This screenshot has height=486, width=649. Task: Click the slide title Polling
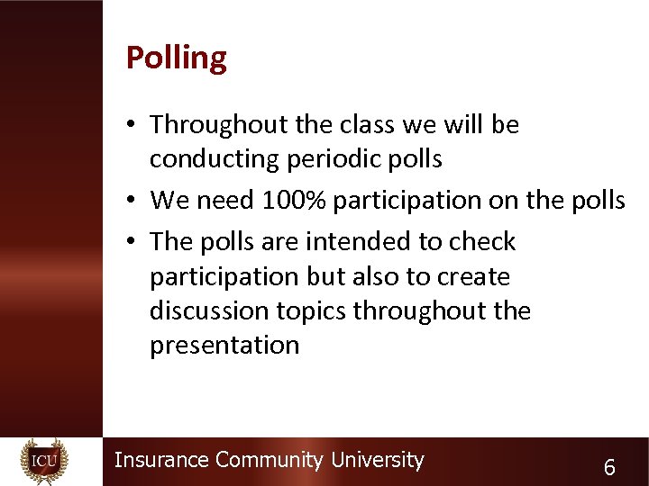tap(177, 58)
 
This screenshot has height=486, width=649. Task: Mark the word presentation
tap(224, 346)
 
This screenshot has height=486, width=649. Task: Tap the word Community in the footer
tap(269, 460)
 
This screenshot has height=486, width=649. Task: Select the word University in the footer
tap(377, 460)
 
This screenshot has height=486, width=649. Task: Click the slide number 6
tap(610, 467)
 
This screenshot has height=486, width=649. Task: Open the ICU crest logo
tap(44, 461)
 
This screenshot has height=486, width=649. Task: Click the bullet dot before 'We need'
tap(133, 201)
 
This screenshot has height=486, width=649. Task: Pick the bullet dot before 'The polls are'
tap(133, 242)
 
